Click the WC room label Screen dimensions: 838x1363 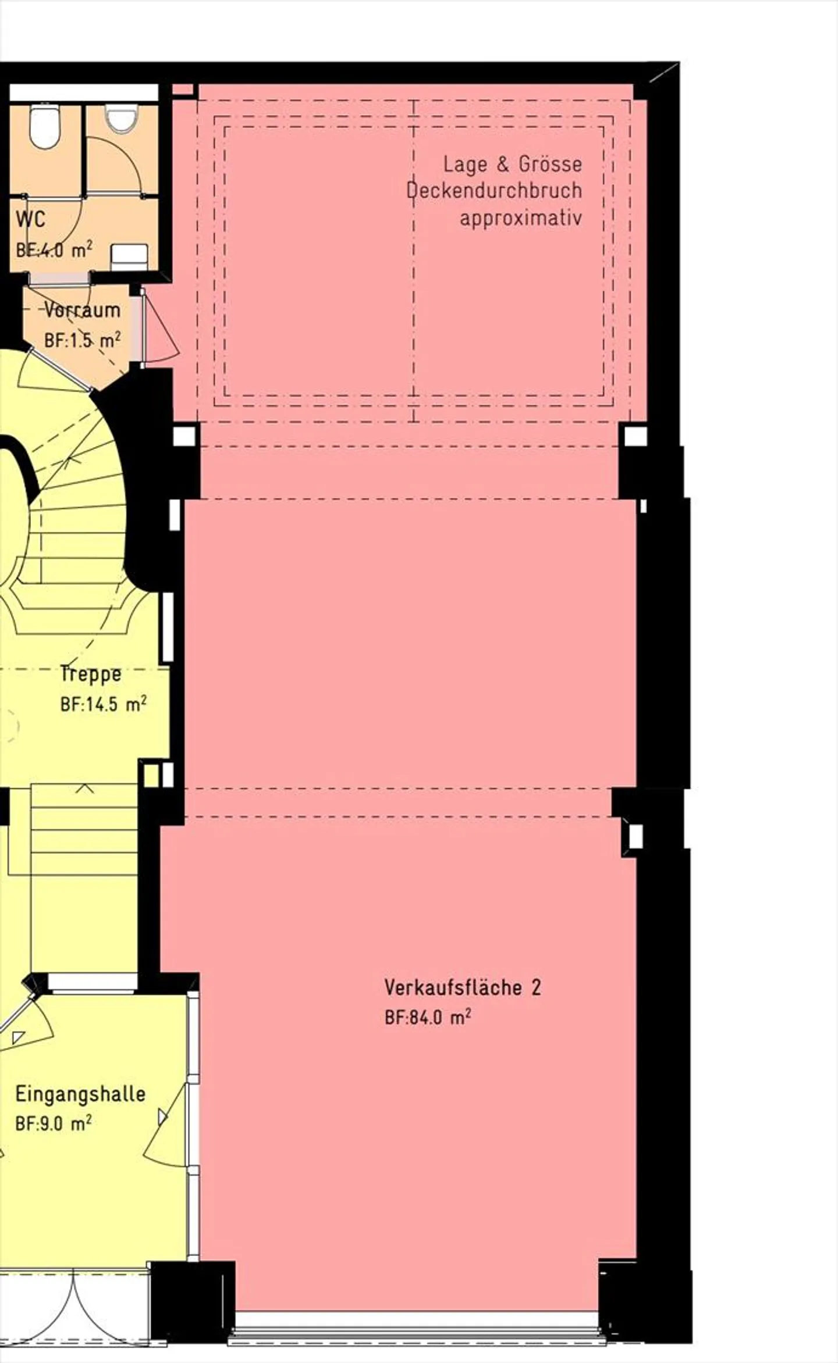pyautogui.click(x=30, y=220)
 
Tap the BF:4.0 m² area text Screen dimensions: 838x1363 pyautogui.click(x=54, y=250)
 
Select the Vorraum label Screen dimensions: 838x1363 pyautogui.click(x=83, y=310)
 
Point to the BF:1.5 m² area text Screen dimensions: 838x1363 pyautogui.click(x=83, y=340)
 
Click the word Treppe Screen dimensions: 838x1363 pyautogui.click(x=91, y=674)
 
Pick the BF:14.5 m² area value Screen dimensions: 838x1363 pyautogui.click(x=104, y=704)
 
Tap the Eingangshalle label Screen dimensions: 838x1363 pyautogui.click(x=80, y=1094)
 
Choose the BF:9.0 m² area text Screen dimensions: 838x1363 pyautogui.click(x=54, y=1123)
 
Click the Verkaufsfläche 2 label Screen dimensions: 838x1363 pyautogui.click(x=463, y=987)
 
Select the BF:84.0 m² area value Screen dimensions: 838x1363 pyautogui.click(x=428, y=1017)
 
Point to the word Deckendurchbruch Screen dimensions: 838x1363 pyautogui.click(x=494, y=191)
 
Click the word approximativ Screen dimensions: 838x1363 pyautogui.click(x=521, y=219)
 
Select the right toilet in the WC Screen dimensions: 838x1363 pyautogui.click(x=120, y=118)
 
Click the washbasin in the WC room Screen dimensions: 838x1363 pyautogui.click(x=129, y=256)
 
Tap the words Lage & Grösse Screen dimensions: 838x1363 pyautogui.click(x=513, y=164)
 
